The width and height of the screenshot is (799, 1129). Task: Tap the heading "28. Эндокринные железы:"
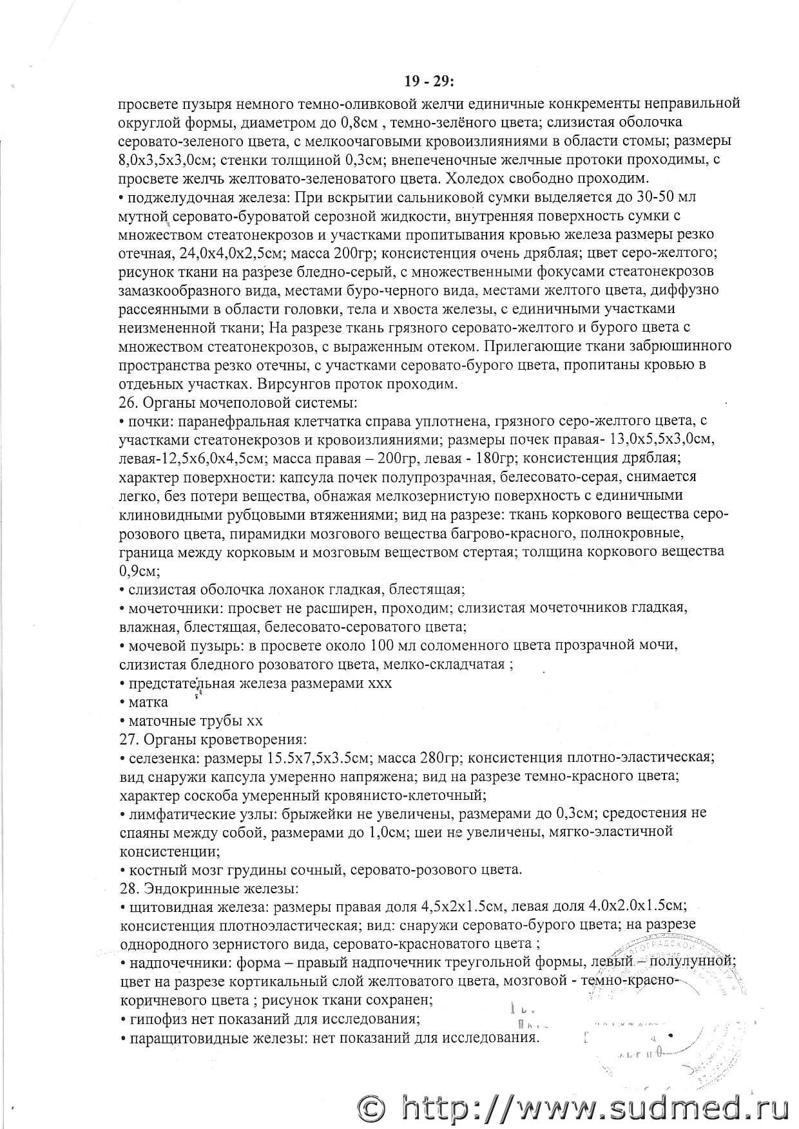click(208, 889)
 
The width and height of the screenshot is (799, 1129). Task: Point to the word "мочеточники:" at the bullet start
click(166, 608)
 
